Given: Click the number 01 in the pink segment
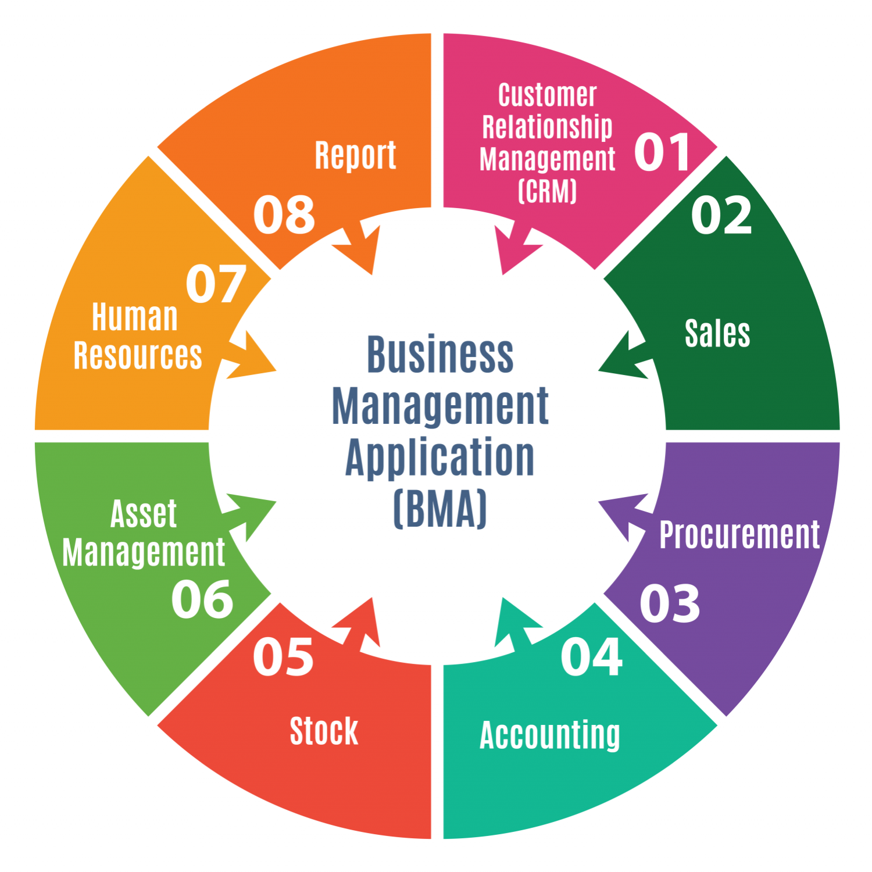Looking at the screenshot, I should pos(662,152).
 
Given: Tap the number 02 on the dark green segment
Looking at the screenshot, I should pos(721,216).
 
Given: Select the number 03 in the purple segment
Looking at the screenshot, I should pos(670,604).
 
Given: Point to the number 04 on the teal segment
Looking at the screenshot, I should pos(591,657).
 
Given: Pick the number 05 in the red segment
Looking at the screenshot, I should pos(283,657).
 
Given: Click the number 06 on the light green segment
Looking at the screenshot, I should pos(202,599).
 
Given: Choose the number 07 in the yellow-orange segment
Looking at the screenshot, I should pos(216,284).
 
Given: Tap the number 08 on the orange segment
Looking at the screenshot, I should pos(284,215).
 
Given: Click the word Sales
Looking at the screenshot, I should pos(717,334).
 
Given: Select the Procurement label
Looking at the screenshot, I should pos(739,535).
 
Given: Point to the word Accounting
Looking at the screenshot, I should pos(550,735).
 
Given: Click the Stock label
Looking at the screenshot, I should pos(324,731).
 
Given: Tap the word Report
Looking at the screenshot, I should pos(355,156).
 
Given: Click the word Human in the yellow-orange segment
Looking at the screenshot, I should pos(135,317).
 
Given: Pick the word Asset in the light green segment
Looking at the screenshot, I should pos(144,514).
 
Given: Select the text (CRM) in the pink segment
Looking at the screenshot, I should pos(547,191).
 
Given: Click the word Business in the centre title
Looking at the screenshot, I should pos(440,355).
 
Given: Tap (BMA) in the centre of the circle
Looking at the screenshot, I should pos(440,509).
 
